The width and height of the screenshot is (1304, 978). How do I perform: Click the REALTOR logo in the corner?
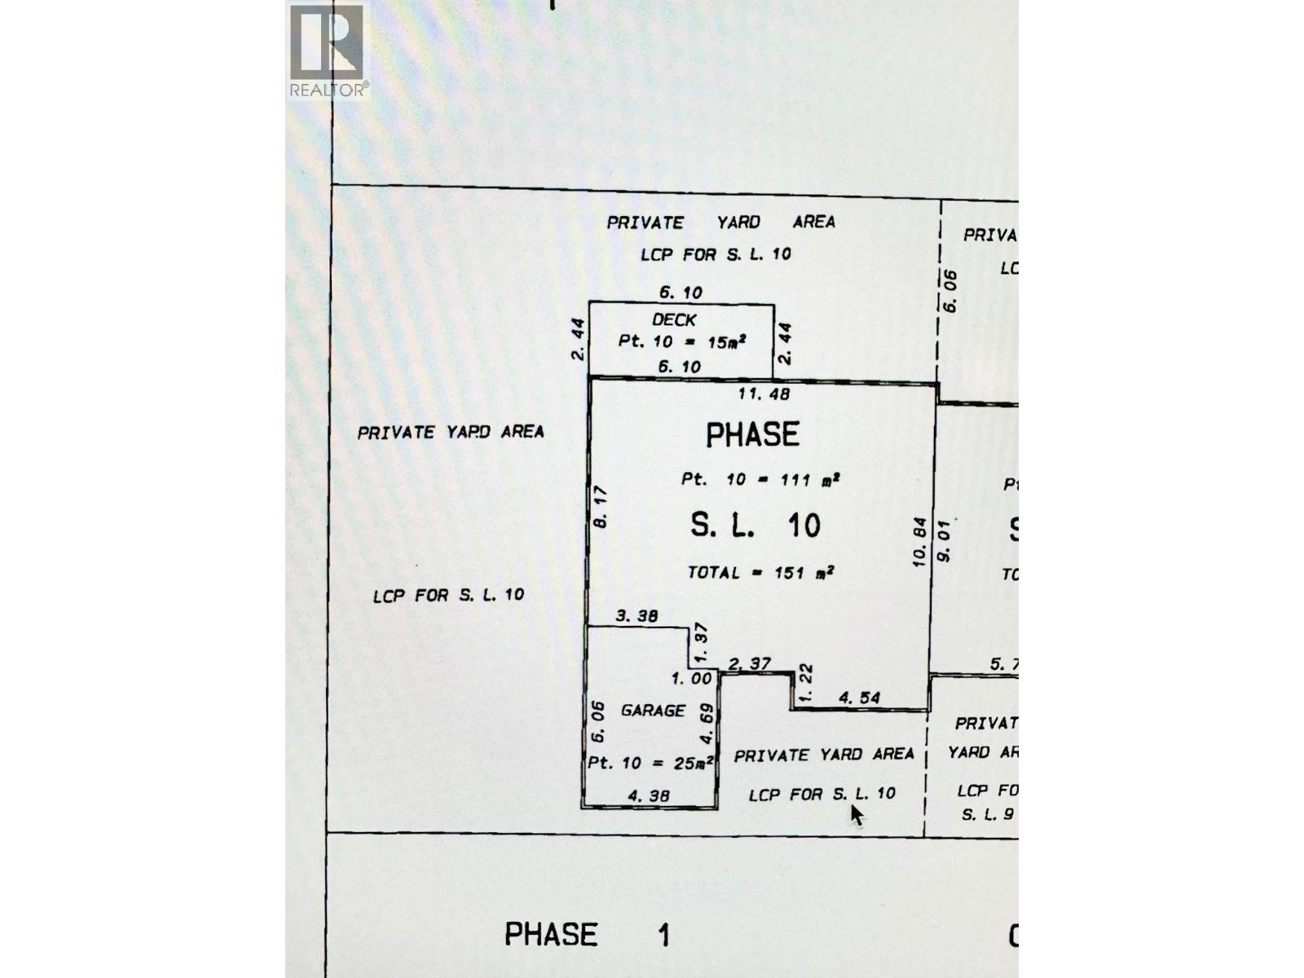point(328,50)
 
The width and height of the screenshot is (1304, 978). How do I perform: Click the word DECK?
point(674,320)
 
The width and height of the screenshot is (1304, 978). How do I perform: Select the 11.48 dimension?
point(763,394)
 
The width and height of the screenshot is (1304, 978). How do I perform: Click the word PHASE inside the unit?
point(752,435)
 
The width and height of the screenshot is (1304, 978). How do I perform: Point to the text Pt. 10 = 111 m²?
point(760,479)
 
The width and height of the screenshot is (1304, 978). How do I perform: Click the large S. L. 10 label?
point(755,526)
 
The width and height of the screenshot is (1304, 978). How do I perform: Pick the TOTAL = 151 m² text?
point(760,573)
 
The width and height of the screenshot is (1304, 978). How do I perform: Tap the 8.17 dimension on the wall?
point(601,507)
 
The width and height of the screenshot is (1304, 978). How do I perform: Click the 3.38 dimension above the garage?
point(636,616)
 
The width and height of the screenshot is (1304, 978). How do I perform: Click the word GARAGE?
point(653,711)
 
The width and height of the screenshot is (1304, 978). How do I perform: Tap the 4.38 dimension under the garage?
point(650,795)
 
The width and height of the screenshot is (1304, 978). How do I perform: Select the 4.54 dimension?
point(859,698)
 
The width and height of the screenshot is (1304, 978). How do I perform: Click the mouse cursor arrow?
point(857,814)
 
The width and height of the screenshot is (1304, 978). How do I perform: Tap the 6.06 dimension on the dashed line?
point(950,291)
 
